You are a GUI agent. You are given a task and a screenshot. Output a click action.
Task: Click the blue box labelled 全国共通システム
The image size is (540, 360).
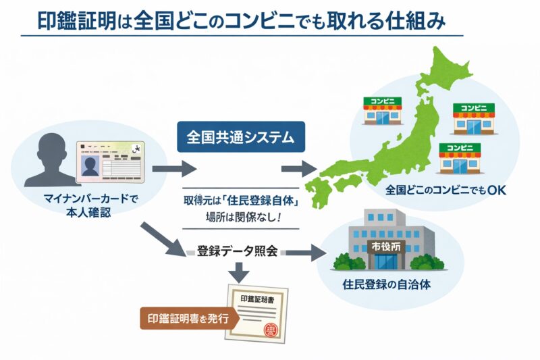240,138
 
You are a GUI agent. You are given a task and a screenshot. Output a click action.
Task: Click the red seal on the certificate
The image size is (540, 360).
270,330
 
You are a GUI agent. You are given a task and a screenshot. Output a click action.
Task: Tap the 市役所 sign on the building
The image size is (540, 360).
385,246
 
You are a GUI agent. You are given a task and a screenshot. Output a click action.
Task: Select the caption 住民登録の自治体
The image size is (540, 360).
386,284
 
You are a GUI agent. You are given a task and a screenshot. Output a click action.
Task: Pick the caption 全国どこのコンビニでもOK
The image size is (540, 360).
446,190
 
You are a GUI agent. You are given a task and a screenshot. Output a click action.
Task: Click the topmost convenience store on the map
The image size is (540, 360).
382,109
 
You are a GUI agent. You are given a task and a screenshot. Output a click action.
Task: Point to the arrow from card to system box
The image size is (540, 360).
174,170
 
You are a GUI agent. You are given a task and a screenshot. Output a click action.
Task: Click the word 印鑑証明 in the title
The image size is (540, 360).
73,20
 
